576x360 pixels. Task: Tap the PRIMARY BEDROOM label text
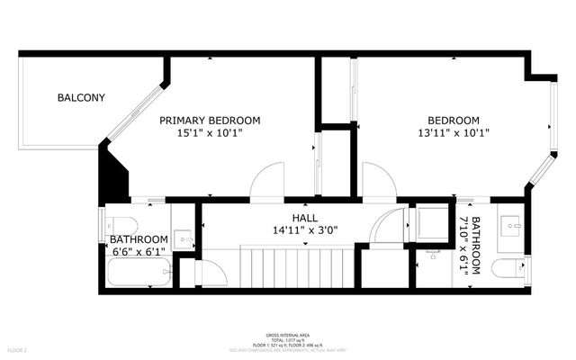(x=210, y=120)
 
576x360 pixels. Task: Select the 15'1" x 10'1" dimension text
(x=210, y=132)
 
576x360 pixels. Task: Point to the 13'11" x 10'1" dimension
(x=453, y=132)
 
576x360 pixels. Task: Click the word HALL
(x=304, y=218)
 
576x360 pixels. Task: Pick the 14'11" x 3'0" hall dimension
(x=304, y=230)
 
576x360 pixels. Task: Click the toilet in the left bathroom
(x=122, y=224)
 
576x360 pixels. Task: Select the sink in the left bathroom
(x=183, y=239)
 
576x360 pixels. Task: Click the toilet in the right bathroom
(x=510, y=268)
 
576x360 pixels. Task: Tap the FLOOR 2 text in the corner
(x=18, y=348)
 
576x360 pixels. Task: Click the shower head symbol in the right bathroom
(x=432, y=255)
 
